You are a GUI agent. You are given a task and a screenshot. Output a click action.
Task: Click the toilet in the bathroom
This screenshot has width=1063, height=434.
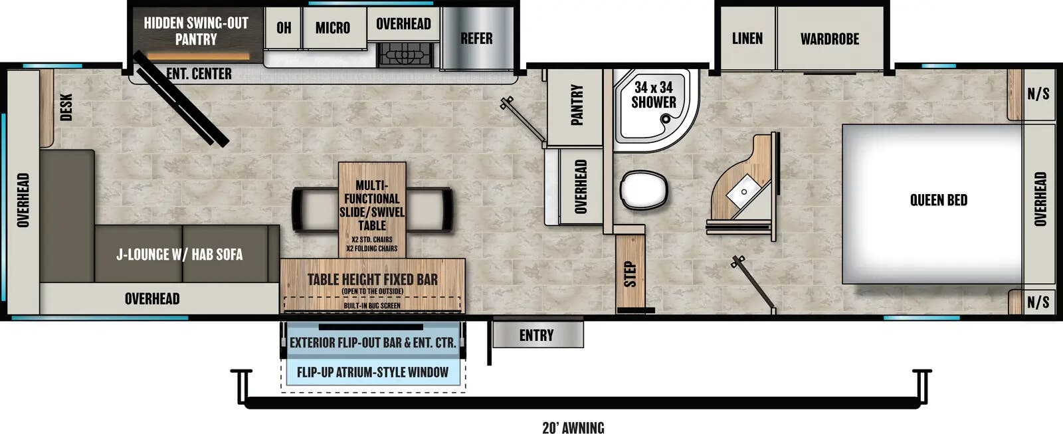(x=642, y=190)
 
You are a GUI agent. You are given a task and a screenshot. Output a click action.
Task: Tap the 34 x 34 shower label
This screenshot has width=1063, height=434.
(x=653, y=95)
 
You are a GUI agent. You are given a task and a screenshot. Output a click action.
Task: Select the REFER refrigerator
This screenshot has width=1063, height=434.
(x=477, y=39)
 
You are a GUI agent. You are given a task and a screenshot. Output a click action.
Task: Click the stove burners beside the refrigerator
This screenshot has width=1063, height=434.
(x=405, y=54)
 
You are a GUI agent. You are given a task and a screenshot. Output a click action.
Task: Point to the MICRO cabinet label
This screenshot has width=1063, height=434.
(x=333, y=28)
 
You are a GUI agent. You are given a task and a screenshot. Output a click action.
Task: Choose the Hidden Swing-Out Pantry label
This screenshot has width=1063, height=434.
(x=196, y=31)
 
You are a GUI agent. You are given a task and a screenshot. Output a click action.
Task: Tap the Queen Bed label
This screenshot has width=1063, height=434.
(x=938, y=200)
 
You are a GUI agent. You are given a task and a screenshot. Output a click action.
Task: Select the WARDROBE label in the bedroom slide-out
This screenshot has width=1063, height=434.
(x=829, y=39)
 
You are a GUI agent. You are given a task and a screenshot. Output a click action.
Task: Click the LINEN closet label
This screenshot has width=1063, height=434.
(x=747, y=39)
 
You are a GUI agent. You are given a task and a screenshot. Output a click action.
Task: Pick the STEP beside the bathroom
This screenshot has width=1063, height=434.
(x=630, y=272)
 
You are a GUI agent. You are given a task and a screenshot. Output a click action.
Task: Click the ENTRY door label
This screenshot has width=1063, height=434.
(x=536, y=336)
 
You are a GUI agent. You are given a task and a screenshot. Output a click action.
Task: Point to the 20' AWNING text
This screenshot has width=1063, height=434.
(x=573, y=427)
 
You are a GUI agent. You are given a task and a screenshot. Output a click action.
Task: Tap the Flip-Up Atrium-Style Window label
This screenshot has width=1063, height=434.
(x=372, y=372)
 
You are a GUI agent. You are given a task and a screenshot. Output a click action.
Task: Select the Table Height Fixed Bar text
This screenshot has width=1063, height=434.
(x=372, y=280)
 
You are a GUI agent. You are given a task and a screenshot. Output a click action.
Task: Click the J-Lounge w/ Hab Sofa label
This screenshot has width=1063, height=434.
(x=179, y=255)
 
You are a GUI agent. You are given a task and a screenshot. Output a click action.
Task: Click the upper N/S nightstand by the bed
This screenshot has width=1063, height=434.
(x=1038, y=94)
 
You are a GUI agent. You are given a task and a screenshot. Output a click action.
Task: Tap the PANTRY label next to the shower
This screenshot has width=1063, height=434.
(x=577, y=104)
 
